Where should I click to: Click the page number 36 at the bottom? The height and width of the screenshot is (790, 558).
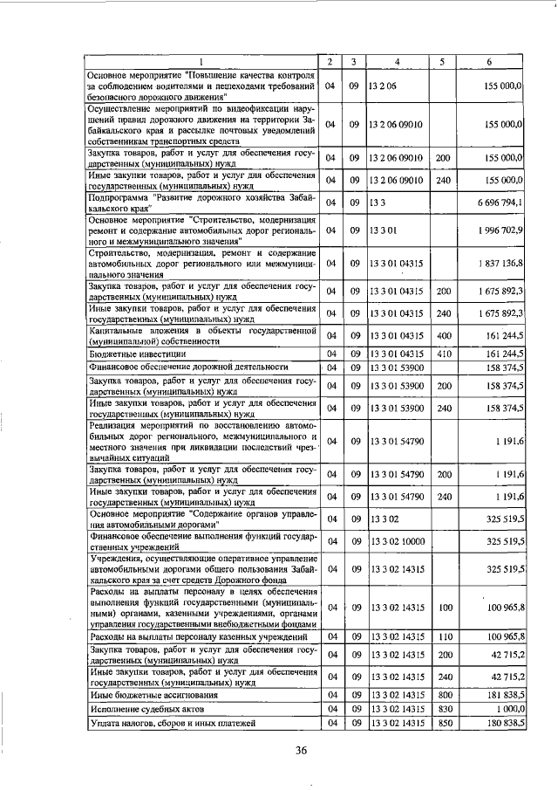click(302, 750)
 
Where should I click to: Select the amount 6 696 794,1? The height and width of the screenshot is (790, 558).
click(500, 203)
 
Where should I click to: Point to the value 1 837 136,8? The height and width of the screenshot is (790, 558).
click(500, 262)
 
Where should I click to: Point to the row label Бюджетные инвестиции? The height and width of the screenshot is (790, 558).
click(132, 354)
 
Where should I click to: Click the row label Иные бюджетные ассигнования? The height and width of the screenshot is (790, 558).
click(152, 696)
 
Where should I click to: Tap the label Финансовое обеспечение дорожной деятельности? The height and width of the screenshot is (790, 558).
click(188, 368)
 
